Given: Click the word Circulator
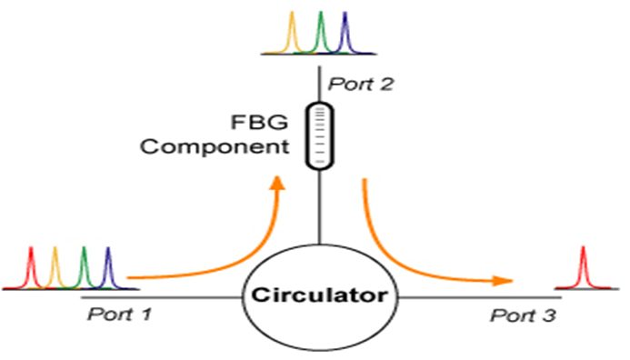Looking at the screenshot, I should tap(319, 296).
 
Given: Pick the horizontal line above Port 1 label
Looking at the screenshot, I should tap(164, 296).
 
